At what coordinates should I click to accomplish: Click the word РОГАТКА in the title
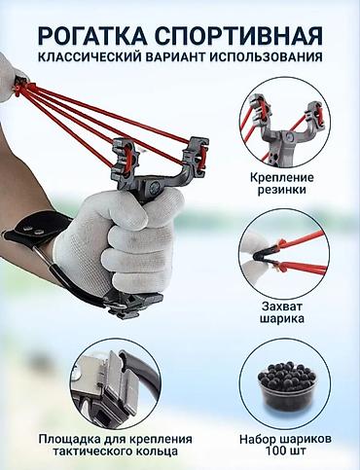point(92,35)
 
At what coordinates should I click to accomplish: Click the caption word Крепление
point(282,178)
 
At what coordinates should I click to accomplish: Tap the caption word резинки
point(282,190)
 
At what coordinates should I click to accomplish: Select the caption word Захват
point(282,307)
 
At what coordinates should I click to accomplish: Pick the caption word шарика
point(282,318)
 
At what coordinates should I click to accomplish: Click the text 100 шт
point(285,451)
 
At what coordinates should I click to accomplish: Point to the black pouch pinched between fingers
point(264,254)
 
